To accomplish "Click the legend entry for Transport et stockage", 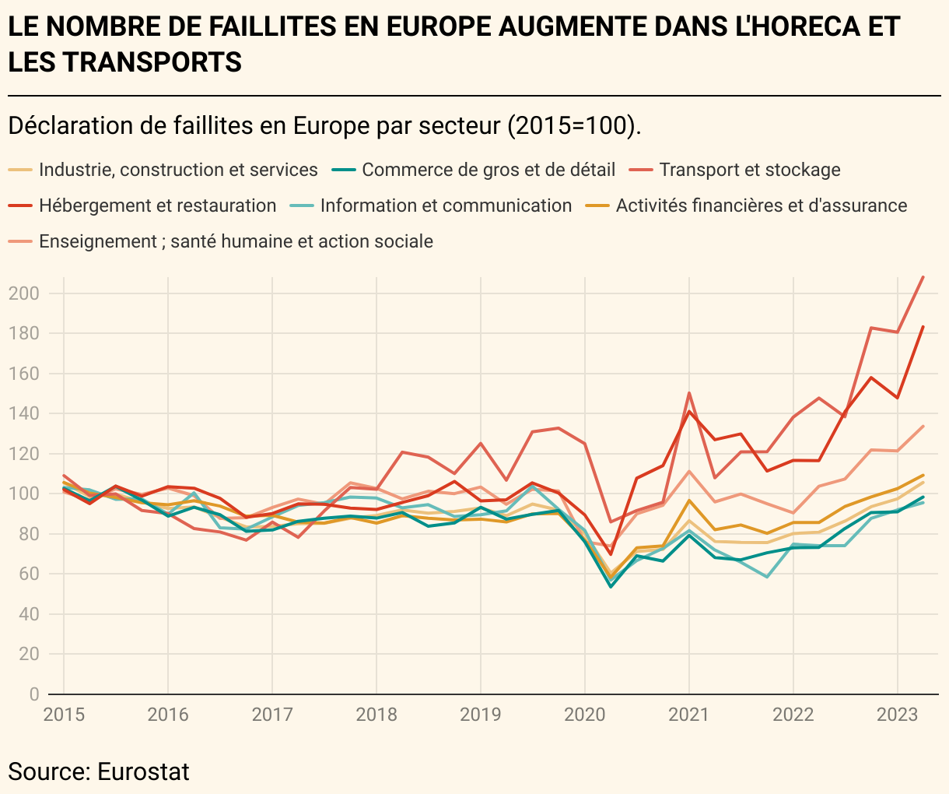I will coord(749,170).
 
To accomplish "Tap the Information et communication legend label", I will coord(446,206).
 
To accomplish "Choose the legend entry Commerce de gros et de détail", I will coord(488,170).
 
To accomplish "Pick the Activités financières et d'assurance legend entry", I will coord(761,206).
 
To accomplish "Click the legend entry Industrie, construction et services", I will coord(178,170).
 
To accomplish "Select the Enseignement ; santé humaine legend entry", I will coord(236,241).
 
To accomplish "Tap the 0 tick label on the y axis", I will coord(33,694).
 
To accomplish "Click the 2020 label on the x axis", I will coord(585,715).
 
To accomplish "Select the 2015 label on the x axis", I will coord(64,715).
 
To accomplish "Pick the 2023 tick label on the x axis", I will coord(898,715).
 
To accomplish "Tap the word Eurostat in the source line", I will coord(143,771).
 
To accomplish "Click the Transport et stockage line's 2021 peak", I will coord(689,393).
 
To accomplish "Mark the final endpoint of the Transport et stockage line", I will coord(923,277).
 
